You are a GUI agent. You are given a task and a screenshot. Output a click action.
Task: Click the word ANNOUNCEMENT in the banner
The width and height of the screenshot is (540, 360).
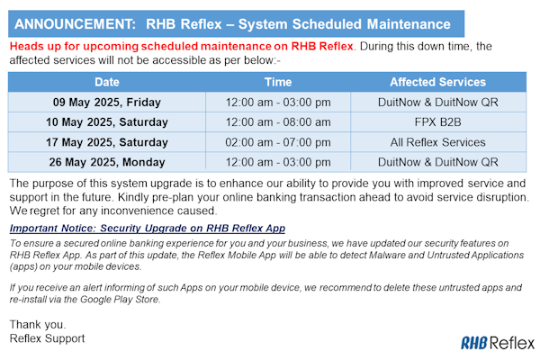(75, 24)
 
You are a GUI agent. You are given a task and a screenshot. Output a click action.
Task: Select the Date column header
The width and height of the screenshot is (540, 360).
(107, 82)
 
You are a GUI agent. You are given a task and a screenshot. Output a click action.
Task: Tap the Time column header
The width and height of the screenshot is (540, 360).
(278, 82)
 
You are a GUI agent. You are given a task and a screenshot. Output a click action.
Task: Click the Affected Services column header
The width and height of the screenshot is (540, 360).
(437, 82)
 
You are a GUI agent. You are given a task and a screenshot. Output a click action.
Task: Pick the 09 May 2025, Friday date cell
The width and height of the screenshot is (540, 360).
(107, 103)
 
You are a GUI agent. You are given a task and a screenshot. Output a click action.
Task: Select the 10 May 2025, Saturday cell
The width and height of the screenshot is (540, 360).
(107, 122)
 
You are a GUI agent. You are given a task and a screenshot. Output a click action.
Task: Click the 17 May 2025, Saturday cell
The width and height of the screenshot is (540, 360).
(107, 142)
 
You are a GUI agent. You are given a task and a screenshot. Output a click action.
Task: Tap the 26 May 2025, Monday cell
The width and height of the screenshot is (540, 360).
(107, 162)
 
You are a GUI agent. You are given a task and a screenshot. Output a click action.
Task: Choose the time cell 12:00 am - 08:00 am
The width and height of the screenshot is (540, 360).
(278, 122)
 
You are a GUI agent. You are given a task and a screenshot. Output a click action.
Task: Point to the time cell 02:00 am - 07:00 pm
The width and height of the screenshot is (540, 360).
(278, 142)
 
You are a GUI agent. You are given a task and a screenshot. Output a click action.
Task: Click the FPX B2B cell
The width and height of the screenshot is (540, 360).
(437, 122)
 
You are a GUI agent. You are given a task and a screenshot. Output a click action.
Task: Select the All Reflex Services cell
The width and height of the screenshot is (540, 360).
(437, 142)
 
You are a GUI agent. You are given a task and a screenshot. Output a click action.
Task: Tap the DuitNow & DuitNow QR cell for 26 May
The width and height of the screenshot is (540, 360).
(437, 162)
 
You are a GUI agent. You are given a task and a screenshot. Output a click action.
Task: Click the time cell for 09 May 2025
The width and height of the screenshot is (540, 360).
(278, 103)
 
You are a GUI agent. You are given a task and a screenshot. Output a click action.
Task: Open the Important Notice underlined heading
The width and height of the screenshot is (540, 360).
(148, 229)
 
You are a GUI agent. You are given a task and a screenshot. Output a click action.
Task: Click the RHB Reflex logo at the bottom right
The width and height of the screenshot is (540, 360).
(498, 343)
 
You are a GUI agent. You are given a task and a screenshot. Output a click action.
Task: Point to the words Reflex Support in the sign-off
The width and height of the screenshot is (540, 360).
(47, 338)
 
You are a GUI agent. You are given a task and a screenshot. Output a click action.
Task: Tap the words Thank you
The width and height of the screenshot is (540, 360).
(38, 325)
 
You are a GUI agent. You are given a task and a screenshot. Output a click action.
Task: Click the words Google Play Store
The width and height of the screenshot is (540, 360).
(121, 300)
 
